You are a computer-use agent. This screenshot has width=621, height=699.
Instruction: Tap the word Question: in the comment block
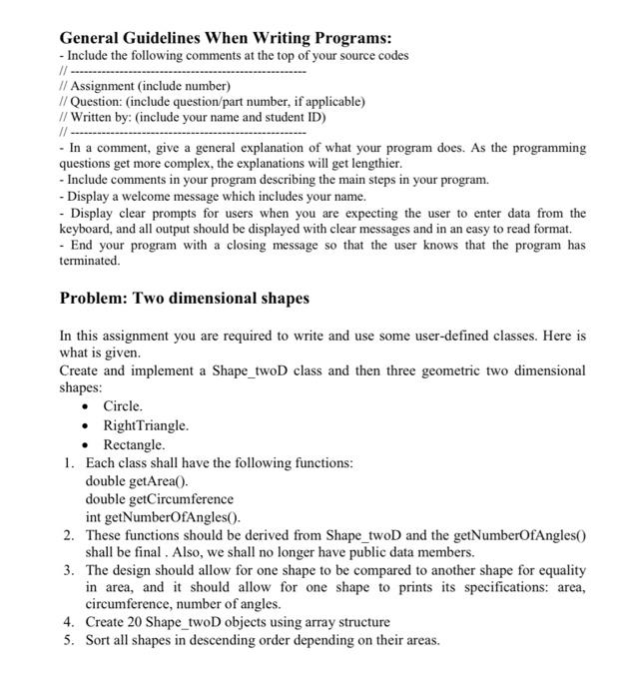click(x=99, y=102)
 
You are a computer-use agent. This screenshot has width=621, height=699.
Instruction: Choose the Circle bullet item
click(x=123, y=406)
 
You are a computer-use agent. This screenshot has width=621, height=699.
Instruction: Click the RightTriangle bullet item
click(x=146, y=425)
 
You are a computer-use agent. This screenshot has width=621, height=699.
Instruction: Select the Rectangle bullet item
click(x=134, y=444)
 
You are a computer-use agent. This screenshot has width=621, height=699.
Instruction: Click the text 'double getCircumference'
click(x=159, y=498)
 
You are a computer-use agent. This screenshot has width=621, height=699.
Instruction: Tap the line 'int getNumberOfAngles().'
click(x=163, y=516)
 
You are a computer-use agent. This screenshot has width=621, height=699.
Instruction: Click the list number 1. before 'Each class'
click(x=68, y=462)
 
